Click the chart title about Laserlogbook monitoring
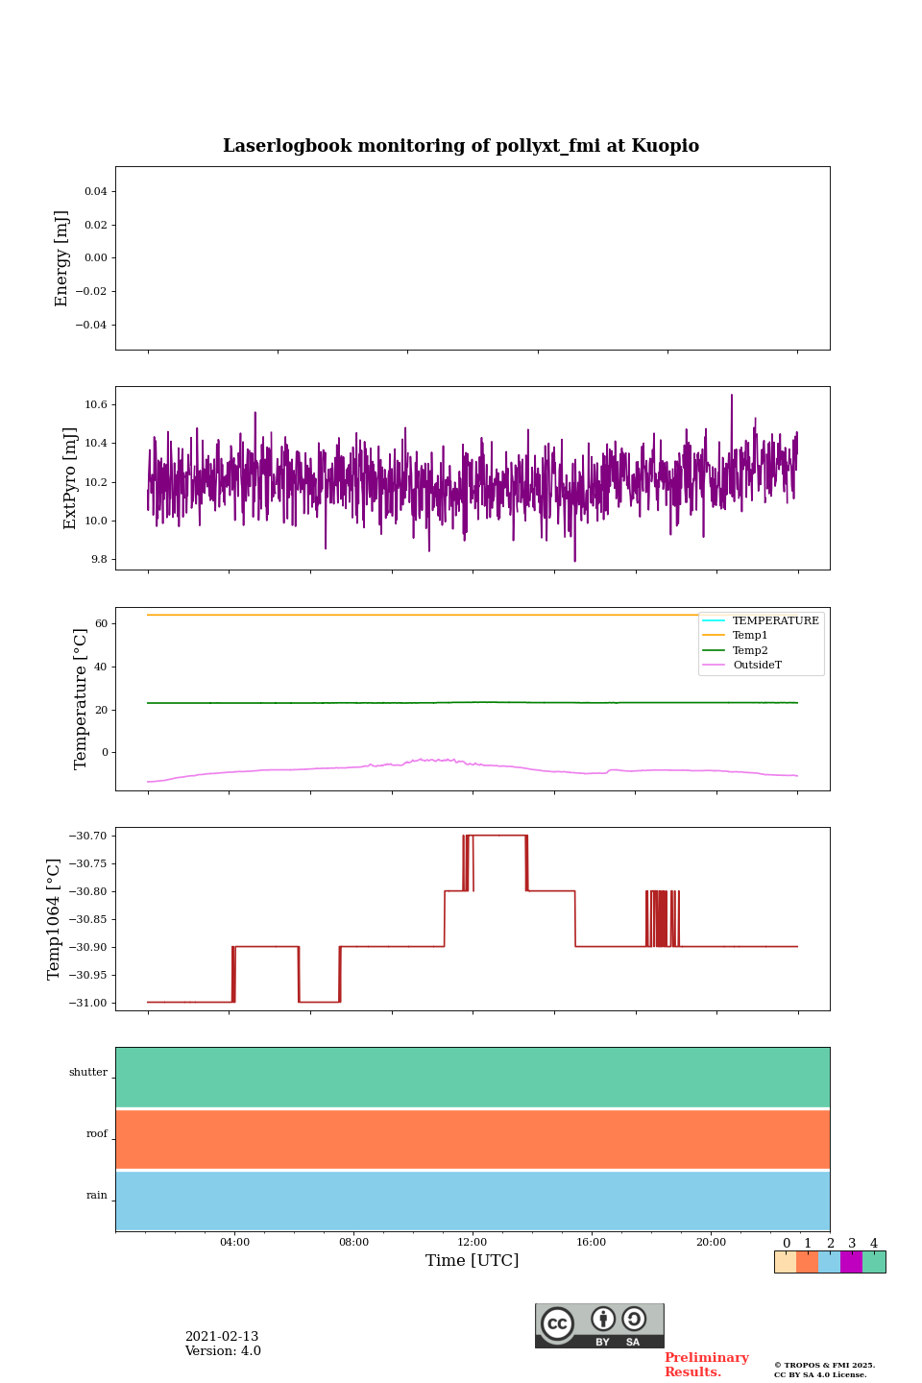(461, 146)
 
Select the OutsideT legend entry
(757, 666)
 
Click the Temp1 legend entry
(749, 636)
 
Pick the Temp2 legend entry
(749, 650)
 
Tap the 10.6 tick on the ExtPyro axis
(96, 405)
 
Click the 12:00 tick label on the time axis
(473, 1243)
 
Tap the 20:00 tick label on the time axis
(711, 1243)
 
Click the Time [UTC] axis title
(473, 1261)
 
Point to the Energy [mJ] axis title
(62, 258)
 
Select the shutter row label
(88, 1073)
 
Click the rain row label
(97, 1196)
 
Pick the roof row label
(97, 1134)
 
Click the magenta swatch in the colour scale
(851, 1262)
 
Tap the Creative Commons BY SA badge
(599, 1325)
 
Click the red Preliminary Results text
(706, 1365)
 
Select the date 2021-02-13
(222, 1337)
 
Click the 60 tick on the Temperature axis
(101, 624)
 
